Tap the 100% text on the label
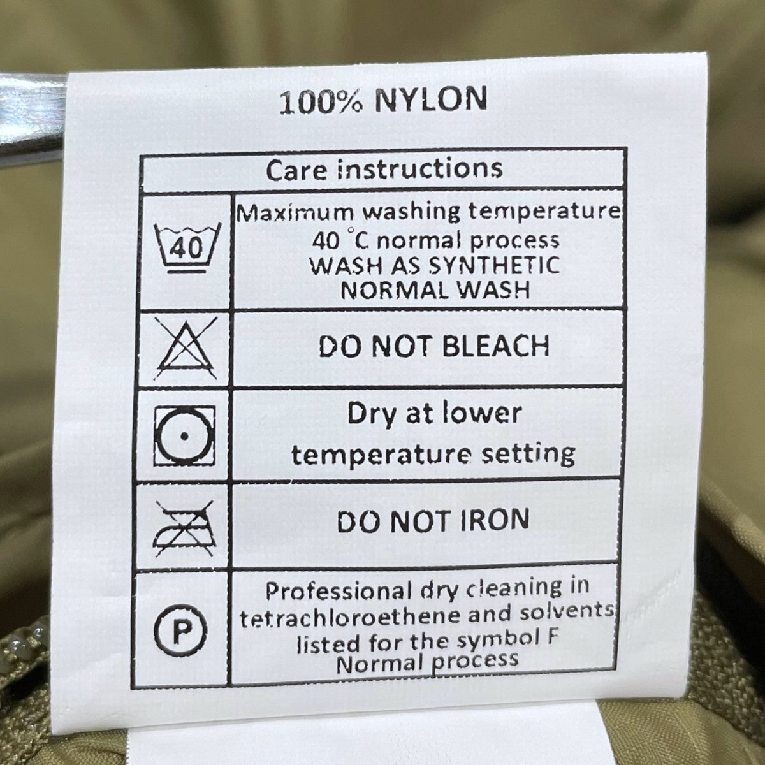(x=321, y=103)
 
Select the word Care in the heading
(x=296, y=170)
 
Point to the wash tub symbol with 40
(x=187, y=247)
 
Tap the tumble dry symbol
(x=185, y=435)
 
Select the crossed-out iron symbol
(x=184, y=528)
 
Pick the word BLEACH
(x=495, y=346)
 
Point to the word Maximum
(x=295, y=214)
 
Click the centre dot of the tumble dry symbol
(x=184, y=436)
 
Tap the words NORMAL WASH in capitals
(x=435, y=290)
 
